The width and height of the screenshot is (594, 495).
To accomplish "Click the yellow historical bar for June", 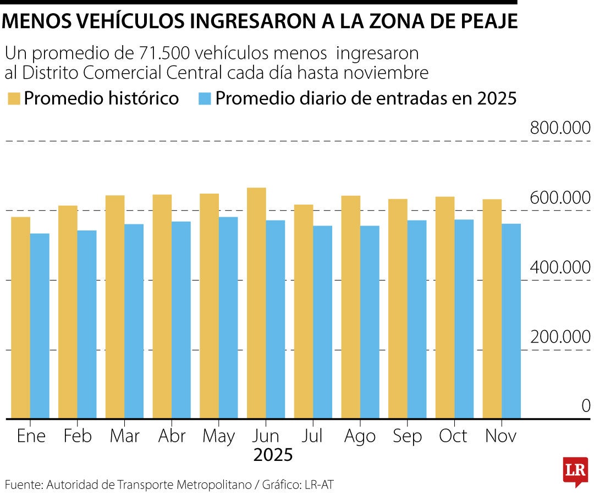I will pyautogui.click(x=256, y=302).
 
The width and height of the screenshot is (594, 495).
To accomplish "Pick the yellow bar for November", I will pyautogui.click(x=492, y=309).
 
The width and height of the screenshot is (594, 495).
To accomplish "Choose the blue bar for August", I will pyautogui.click(x=370, y=322).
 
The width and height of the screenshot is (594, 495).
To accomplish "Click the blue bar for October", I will pyautogui.click(x=464, y=318).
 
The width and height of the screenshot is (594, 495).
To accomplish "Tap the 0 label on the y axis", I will pyautogui.click(x=586, y=406).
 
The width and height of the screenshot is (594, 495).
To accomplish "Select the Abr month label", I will pyautogui.click(x=172, y=436).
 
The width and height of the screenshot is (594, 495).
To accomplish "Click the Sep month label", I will pyautogui.click(x=408, y=436).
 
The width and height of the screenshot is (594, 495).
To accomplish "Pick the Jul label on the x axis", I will pyautogui.click(x=313, y=436).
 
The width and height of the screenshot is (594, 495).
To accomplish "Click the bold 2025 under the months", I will pyautogui.click(x=273, y=455).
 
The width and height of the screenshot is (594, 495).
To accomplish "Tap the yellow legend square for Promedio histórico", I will pyautogui.click(x=14, y=99).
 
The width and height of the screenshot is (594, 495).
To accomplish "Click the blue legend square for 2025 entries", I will pyautogui.click(x=204, y=99).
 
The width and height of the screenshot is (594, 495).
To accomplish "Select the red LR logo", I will pyautogui.click(x=575, y=471).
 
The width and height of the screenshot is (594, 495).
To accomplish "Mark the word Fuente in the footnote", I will pyautogui.click(x=23, y=485).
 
